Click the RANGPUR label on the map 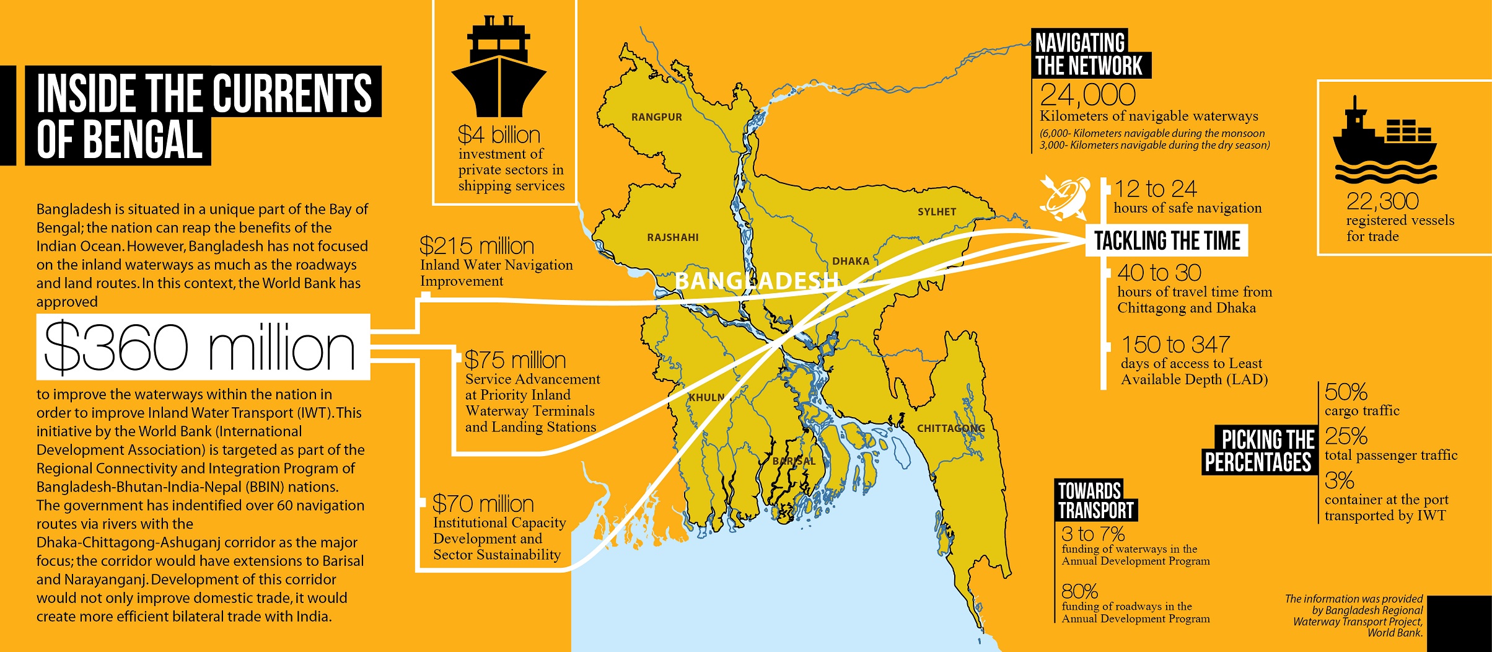click(656, 117)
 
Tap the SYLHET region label click(936, 212)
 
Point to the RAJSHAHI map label click(672, 237)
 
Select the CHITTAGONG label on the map click(950, 428)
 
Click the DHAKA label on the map click(850, 262)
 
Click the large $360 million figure click(200, 348)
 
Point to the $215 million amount click(476, 246)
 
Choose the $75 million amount click(515, 360)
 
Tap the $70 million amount click(483, 504)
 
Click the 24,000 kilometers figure click(1087, 95)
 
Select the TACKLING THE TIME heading click(1167, 240)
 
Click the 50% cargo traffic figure click(1345, 392)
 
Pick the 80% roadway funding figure click(1079, 591)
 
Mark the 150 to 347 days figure click(1175, 345)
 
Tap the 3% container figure click(1339, 481)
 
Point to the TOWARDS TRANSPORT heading click(1095, 500)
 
